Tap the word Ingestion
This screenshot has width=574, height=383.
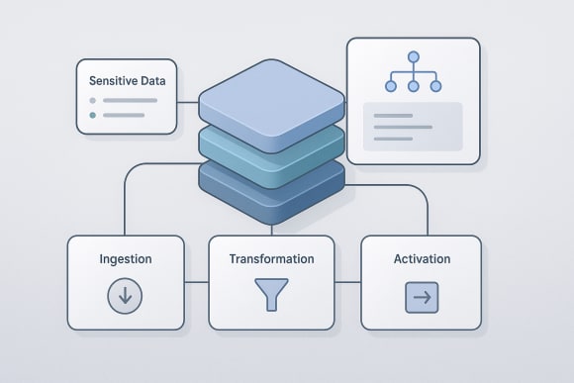126,259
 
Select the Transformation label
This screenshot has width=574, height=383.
271,259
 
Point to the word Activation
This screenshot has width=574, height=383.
421,259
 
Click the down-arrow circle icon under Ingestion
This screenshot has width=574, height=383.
126,296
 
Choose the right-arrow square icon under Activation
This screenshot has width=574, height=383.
422,297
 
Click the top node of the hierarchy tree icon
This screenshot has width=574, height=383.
414,57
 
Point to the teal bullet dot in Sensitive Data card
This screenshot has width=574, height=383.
93,115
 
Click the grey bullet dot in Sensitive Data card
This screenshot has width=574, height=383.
93,100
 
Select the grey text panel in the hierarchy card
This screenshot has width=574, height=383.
413,127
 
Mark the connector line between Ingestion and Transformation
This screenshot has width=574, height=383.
196,282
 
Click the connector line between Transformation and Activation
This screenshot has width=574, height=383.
347,282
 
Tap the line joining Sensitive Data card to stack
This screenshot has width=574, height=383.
188,101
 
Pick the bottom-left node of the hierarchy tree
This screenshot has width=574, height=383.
390,86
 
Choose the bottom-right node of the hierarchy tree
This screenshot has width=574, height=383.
437,86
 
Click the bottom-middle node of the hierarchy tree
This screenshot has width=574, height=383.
414,86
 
